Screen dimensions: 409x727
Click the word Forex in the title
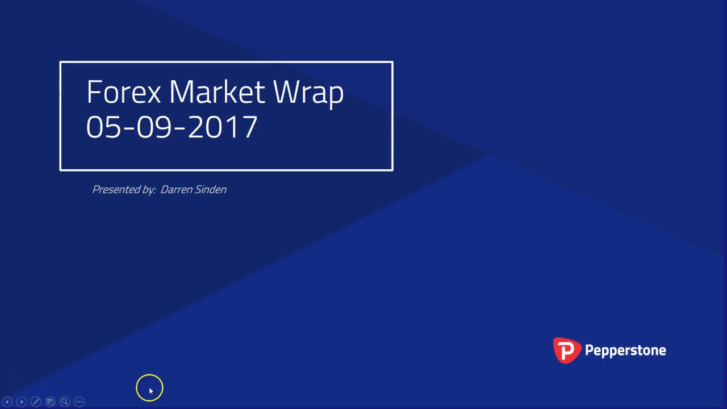(x=124, y=92)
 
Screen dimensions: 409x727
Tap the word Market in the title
(x=217, y=92)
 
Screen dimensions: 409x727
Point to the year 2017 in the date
(x=223, y=127)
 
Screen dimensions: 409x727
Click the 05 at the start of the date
(x=103, y=127)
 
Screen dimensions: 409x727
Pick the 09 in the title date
(x=153, y=127)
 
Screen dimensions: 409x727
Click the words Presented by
(x=124, y=190)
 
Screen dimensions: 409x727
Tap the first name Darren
(x=177, y=190)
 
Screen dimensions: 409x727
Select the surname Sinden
(x=211, y=190)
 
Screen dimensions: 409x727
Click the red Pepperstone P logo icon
(x=567, y=350)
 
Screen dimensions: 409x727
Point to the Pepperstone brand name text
(x=625, y=350)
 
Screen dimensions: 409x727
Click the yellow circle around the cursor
(x=149, y=388)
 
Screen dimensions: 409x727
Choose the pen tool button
(x=36, y=402)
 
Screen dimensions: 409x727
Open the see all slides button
(x=50, y=402)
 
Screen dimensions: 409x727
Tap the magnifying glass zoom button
(x=65, y=402)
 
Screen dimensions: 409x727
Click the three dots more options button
(x=79, y=402)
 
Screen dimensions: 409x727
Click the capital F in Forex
(x=94, y=92)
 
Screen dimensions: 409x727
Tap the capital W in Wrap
(x=285, y=92)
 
